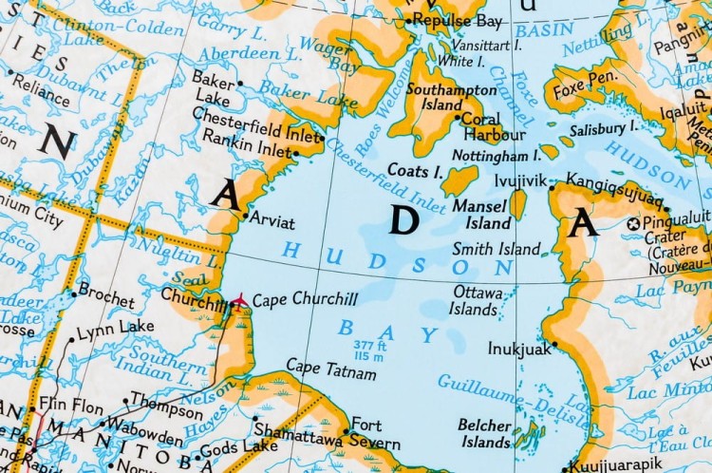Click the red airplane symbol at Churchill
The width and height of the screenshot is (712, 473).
[x=237, y=301]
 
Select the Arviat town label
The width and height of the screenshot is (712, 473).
[x=274, y=222]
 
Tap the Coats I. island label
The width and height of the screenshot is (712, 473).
[x=415, y=171]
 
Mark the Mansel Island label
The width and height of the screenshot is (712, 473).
[x=481, y=214]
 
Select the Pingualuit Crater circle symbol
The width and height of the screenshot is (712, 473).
[x=634, y=223]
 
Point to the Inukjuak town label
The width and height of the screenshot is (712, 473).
[x=519, y=348]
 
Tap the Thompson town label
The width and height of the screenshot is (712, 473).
[x=167, y=400]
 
